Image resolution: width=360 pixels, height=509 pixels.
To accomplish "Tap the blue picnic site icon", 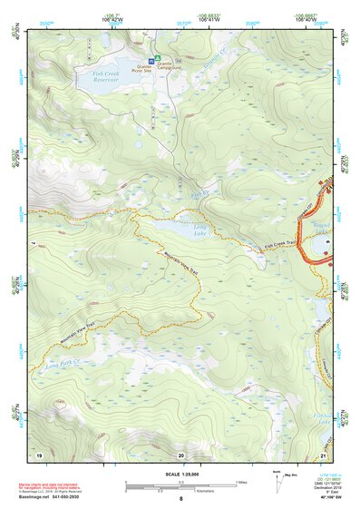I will [151, 61].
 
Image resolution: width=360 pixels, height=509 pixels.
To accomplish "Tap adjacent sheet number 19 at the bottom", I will [39, 454].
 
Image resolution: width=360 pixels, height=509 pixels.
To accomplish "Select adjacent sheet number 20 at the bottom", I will [180, 454].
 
